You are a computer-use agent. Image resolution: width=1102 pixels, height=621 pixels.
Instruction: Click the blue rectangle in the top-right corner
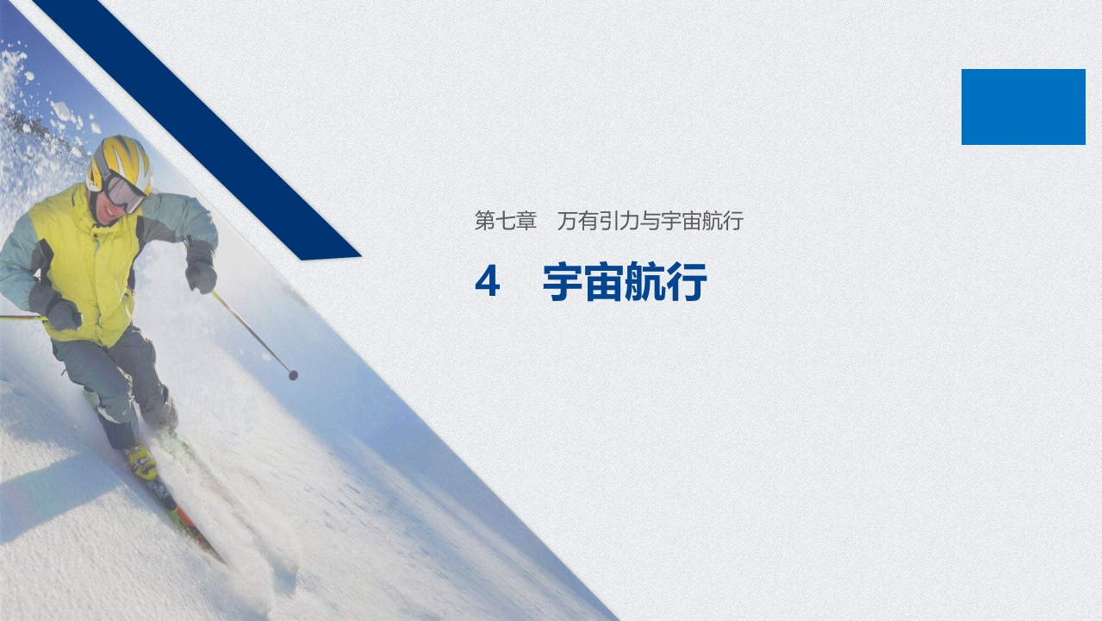(1023, 106)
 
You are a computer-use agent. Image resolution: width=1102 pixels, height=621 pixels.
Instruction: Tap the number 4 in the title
(487, 283)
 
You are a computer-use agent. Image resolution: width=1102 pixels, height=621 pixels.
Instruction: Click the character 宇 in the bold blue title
(563, 283)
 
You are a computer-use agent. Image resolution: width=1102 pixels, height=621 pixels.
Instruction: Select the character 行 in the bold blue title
(688, 283)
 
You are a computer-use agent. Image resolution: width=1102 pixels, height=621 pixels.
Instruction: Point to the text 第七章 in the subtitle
(506, 222)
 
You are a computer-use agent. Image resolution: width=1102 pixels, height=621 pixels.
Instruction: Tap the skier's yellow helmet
(121, 160)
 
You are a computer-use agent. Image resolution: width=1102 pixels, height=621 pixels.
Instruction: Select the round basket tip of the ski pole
(293, 375)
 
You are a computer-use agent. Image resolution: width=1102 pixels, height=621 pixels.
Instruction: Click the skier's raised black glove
(201, 274)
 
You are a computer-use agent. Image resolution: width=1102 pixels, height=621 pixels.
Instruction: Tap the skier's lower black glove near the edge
(62, 314)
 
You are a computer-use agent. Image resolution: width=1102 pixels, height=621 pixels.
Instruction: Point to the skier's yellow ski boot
(142, 461)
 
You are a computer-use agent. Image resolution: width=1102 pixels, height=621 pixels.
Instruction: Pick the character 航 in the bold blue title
(646, 283)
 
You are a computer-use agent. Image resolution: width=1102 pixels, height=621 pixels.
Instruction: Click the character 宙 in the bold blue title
(604, 283)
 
